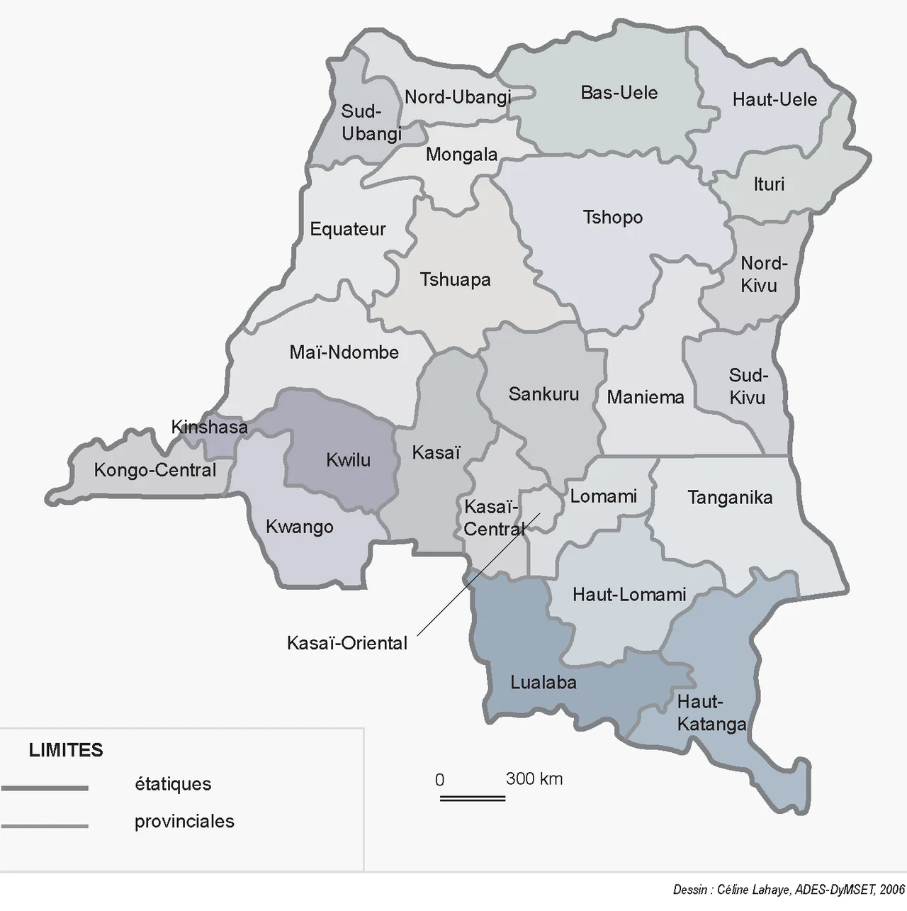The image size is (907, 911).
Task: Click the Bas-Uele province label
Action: point(619,93)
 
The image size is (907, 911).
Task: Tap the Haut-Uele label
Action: point(774,99)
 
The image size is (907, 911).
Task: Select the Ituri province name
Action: point(769,184)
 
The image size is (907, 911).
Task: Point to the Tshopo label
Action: point(612,217)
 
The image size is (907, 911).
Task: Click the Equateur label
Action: point(348,229)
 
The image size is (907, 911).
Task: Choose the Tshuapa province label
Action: point(455,279)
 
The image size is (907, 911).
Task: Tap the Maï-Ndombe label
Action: point(344,352)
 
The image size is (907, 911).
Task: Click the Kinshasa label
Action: point(210,427)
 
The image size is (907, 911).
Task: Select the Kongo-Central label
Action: point(155,470)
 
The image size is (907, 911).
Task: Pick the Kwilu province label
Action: point(348,460)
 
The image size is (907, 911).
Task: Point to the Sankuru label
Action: point(543,394)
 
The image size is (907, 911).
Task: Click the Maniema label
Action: point(646,397)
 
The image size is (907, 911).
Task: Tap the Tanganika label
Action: point(730,498)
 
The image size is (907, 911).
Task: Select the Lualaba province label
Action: point(543,683)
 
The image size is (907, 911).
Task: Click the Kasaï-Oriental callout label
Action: point(347,643)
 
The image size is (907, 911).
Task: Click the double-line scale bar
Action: point(473,798)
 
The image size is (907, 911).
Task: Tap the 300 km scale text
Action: point(534,779)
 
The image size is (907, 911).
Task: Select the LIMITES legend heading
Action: point(66,750)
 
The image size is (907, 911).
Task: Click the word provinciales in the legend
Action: point(184,822)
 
